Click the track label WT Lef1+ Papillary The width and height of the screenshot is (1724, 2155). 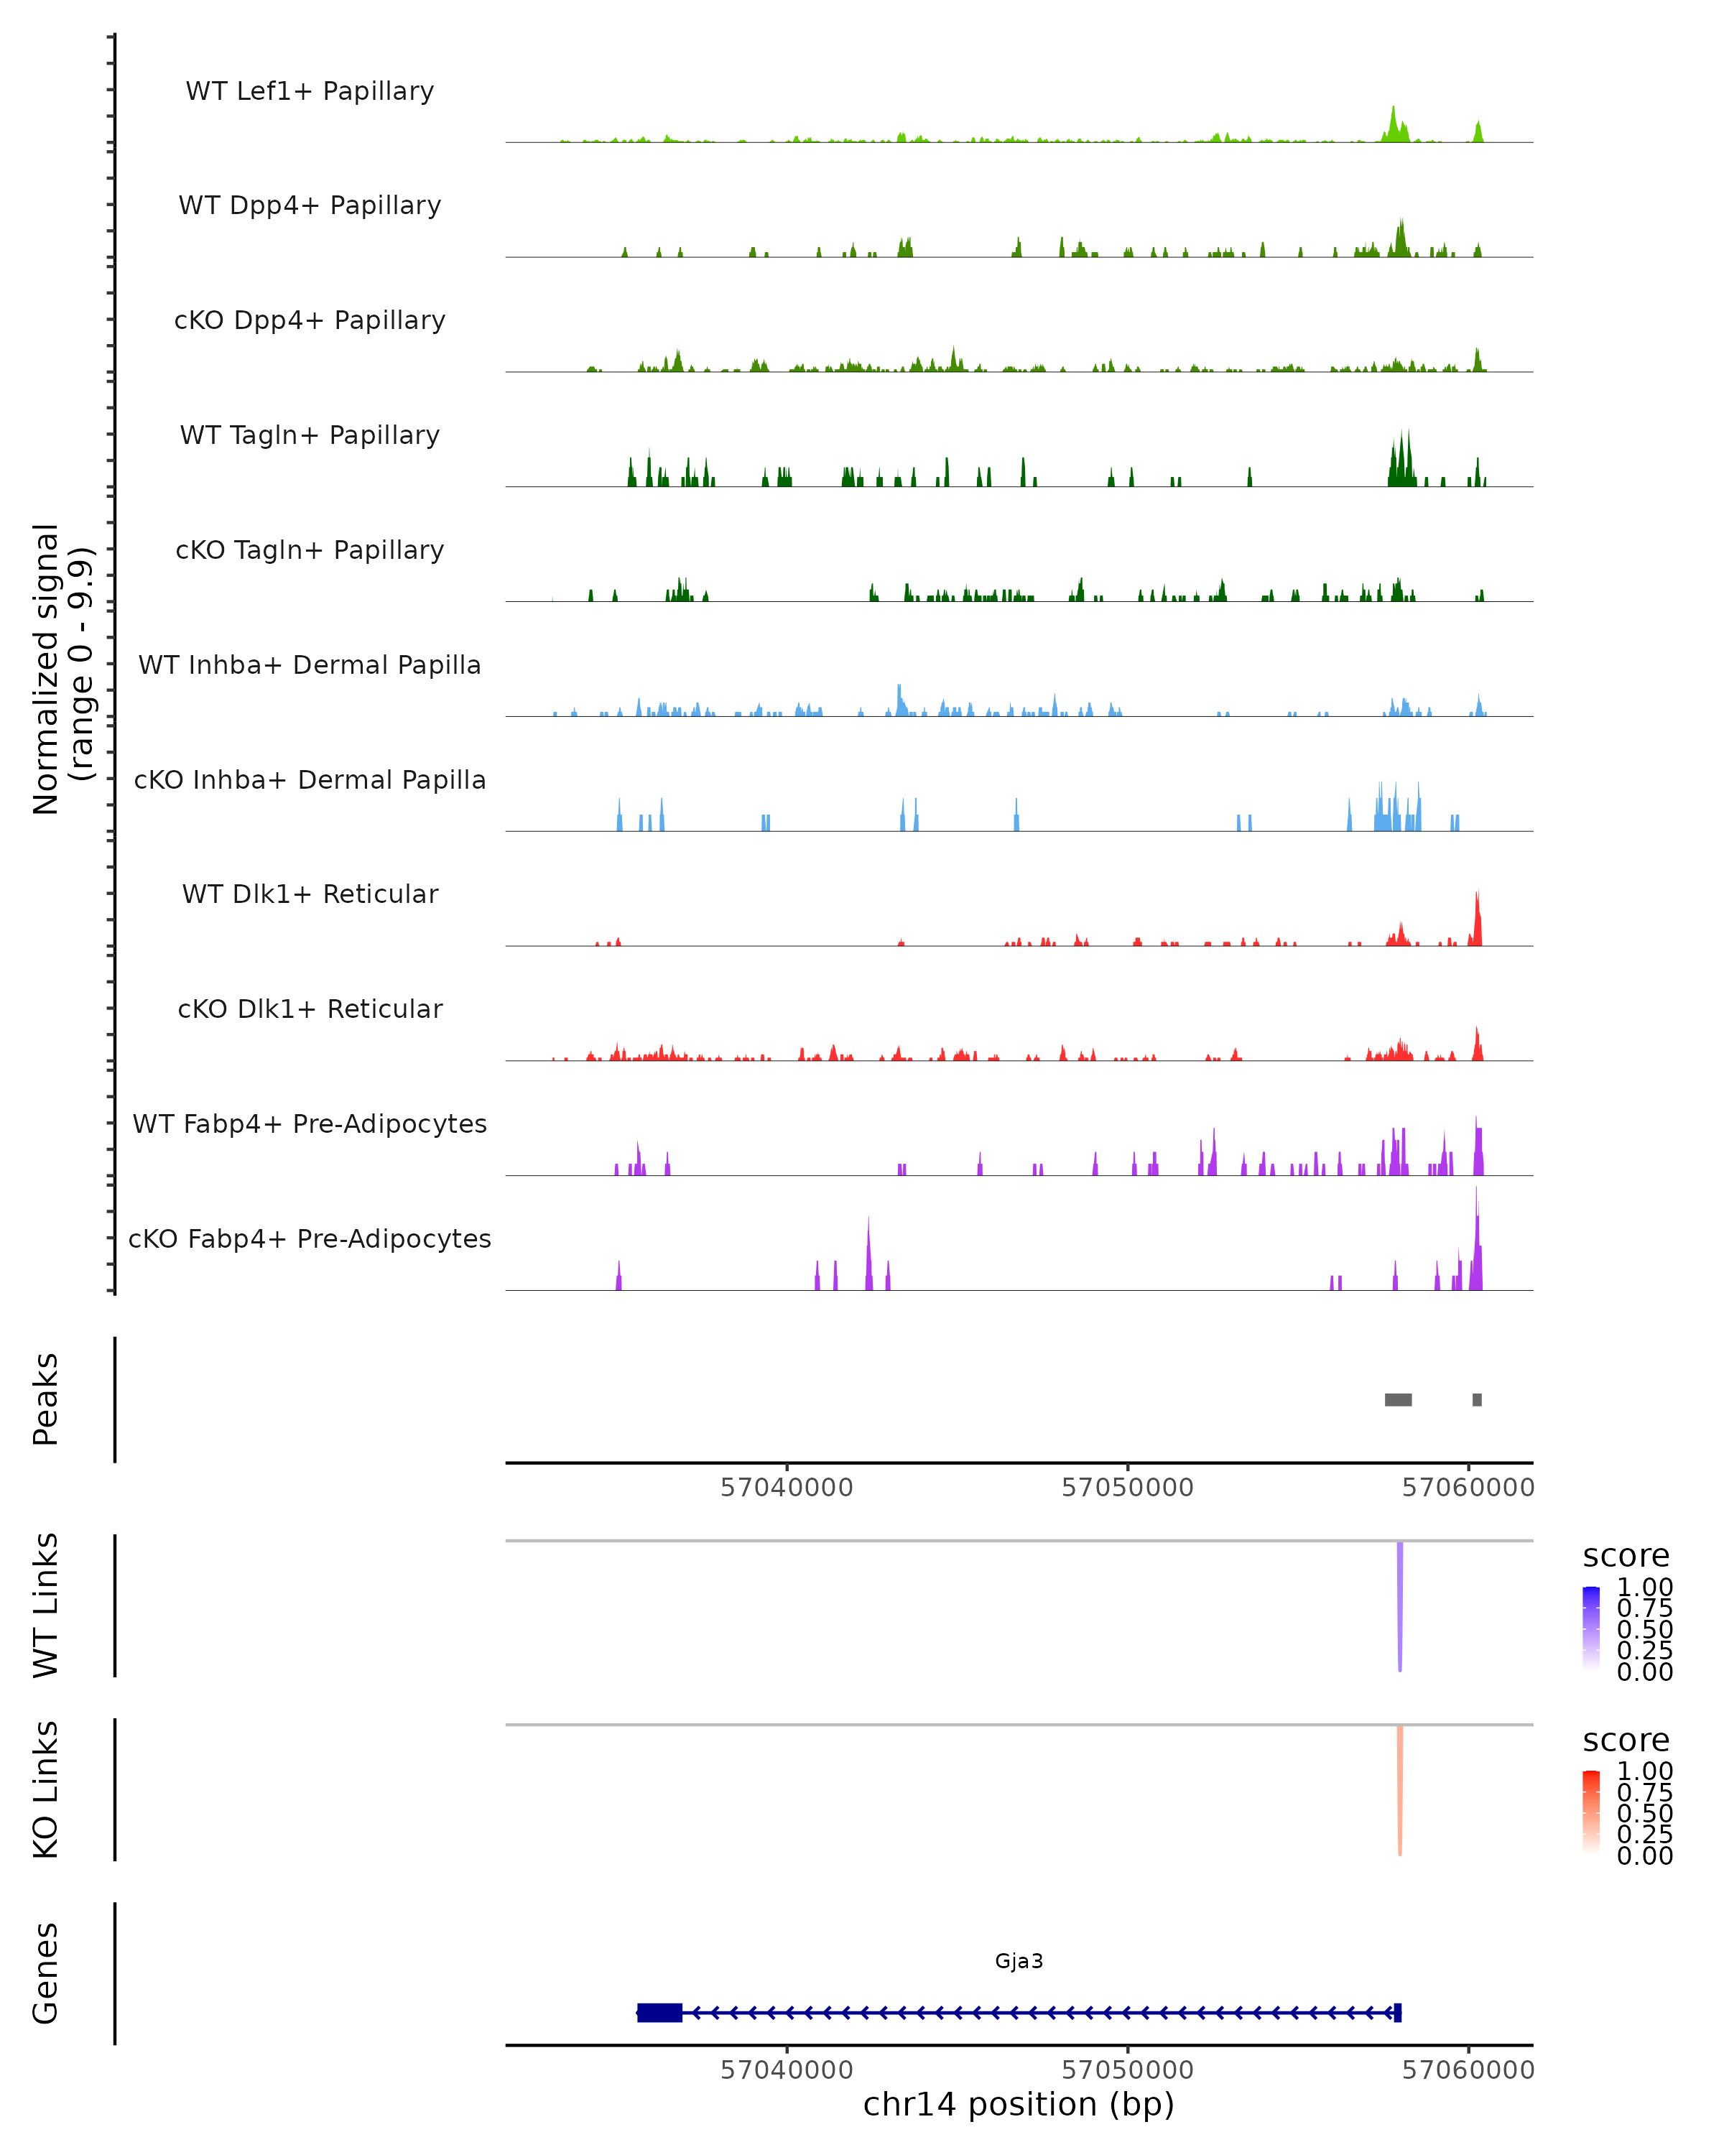pos(310,91)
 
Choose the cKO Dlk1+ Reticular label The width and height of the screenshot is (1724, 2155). pos(310,1009)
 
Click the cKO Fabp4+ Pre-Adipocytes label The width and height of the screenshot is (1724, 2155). pos(310,1238)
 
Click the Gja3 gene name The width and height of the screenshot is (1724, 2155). pos(1019,1961)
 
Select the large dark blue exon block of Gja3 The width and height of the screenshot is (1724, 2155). pos(659,2012)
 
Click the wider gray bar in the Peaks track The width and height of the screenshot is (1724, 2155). pos(1397,1399)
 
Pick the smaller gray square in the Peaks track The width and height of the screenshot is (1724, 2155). pos(1476,1399)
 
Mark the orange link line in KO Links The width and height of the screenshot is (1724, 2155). pos(1399,1789)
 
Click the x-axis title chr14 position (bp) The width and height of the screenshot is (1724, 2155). pos(1019,2104)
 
